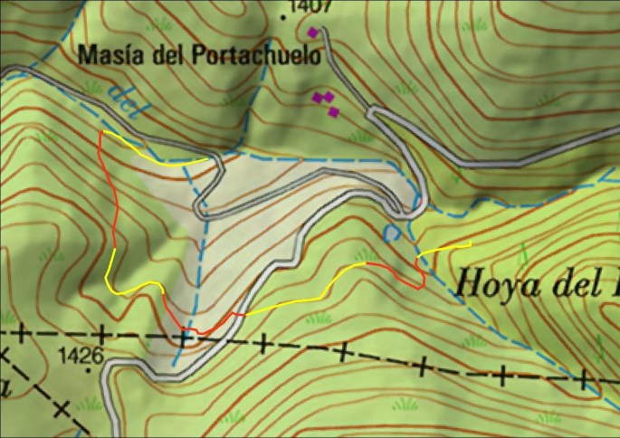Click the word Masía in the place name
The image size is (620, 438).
[x=107, y=54]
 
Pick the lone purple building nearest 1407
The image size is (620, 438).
[x=313, y=33]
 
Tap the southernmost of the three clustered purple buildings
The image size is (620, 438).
[x=333, y=111]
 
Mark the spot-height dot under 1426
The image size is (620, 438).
[x=86, y=367]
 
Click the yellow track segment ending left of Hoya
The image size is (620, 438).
[x=443, y=249]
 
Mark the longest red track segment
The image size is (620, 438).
[x=114, y=195]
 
